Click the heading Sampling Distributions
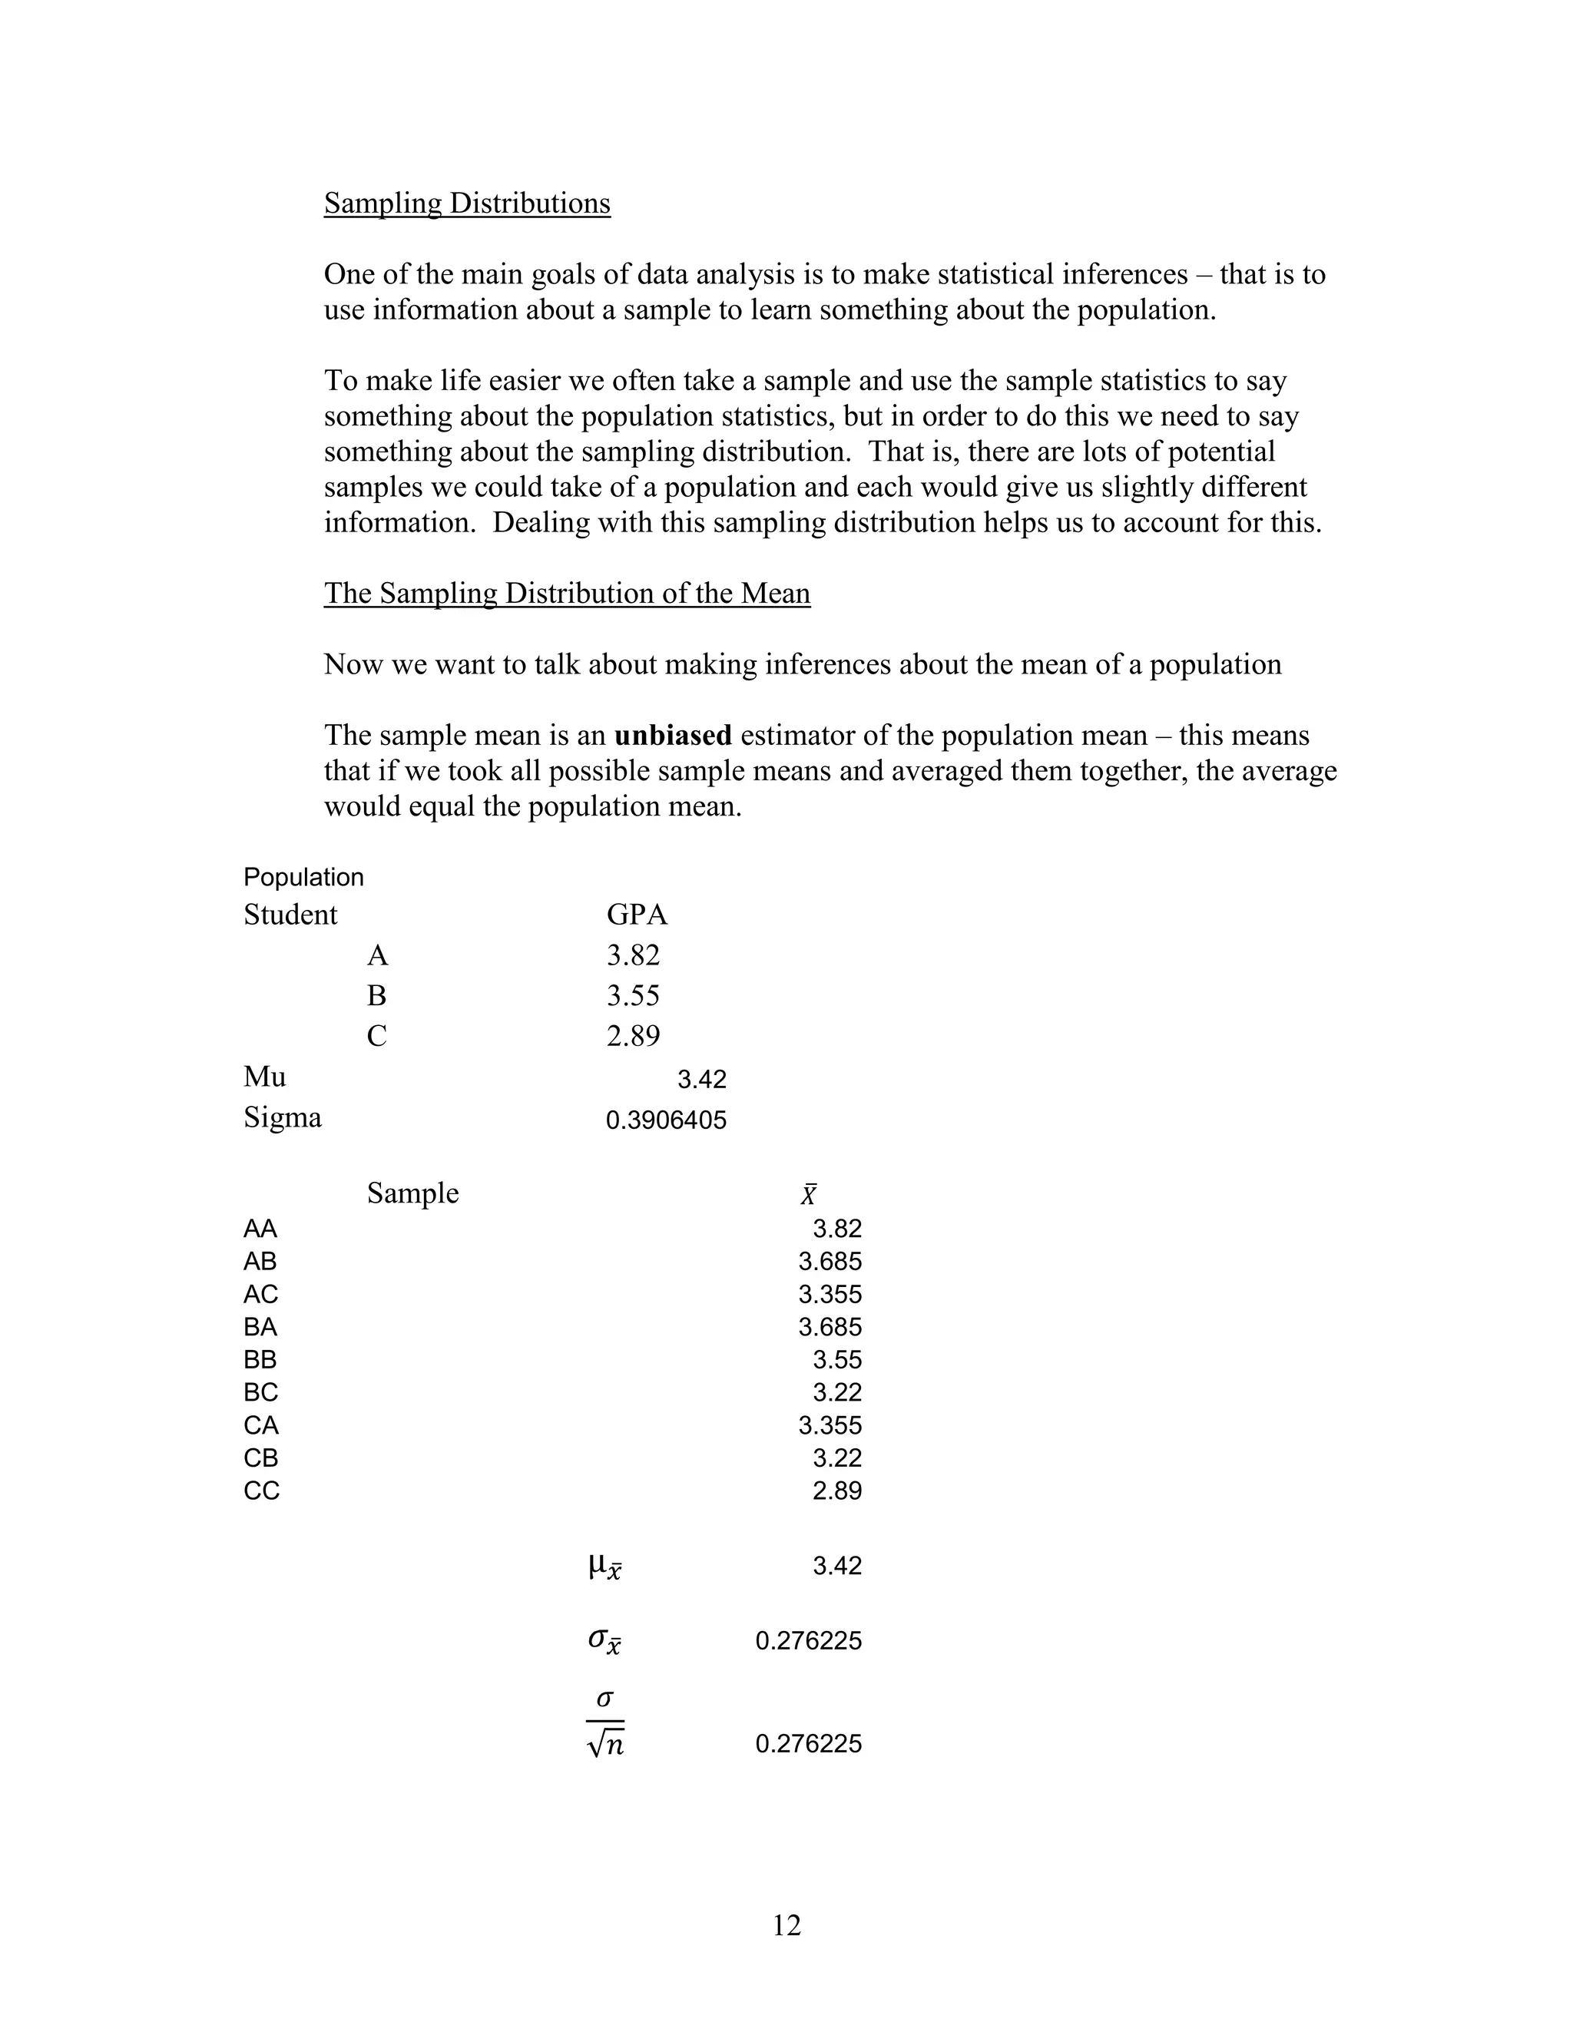(467, 203)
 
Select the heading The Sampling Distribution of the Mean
(567, 593)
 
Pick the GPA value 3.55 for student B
(633, 995)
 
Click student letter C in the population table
(376, 1036)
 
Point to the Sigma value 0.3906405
(665, 1120)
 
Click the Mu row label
(265, 1077)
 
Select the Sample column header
(412, 1193)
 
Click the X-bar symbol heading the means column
(808, 1195)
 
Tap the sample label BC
(261, 1392)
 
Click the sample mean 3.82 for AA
(837, 1228)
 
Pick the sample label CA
(261, 1425)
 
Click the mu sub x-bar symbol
(604, 1567)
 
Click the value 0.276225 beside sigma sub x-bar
(808, 1641)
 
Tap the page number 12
(786, 1925)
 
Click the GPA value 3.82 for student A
(633, 955)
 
